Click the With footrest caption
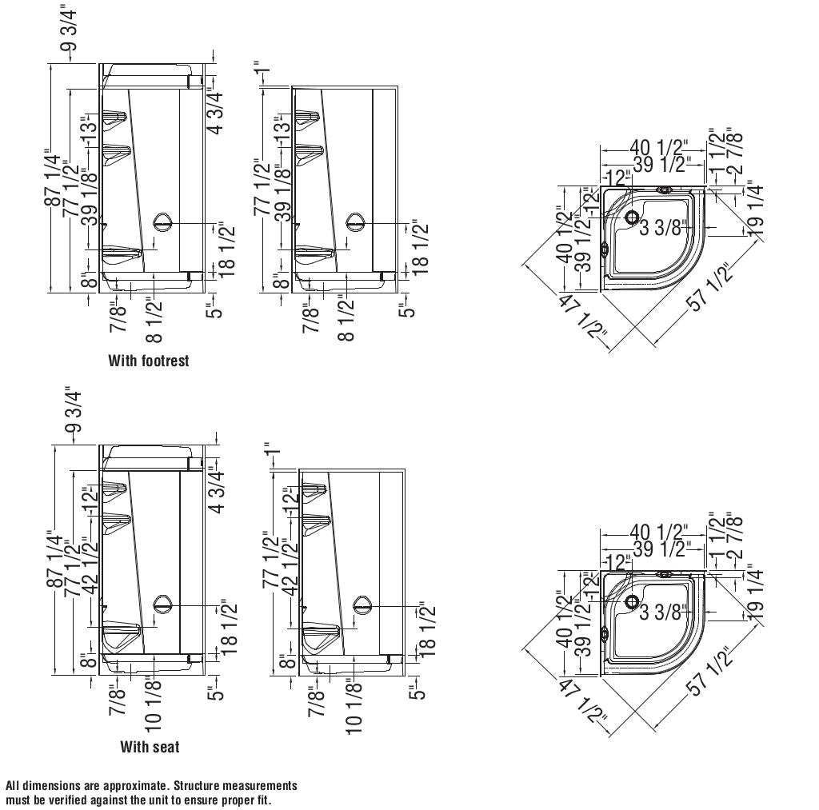pos(149,361)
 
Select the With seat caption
pos(150,748)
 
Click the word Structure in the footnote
pos(198,786)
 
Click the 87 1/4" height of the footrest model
pos(53,178)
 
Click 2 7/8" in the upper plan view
pos(734,150)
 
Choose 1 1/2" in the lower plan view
pos(717,532)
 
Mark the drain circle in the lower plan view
pos(632,601)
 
